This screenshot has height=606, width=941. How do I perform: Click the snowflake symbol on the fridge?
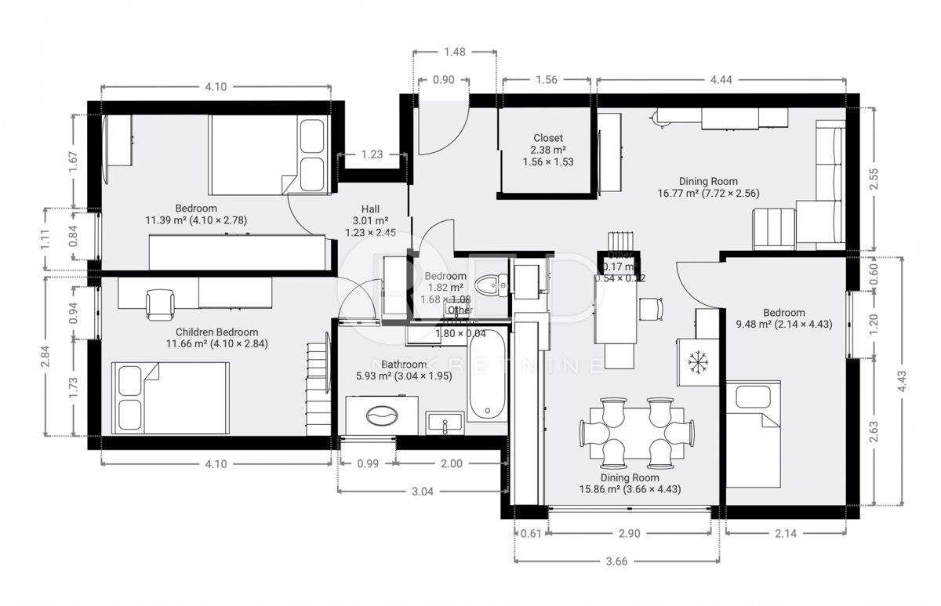(x=696, y=361)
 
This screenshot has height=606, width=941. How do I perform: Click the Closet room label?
(x=548, y=138)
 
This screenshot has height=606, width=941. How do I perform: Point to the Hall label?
(x=371, y=209)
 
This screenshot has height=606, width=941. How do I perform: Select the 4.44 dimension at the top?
(x=721, y=80)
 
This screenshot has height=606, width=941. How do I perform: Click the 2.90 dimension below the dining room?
(x=629, y=534)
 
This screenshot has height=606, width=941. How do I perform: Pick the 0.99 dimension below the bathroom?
(x=368, y=463)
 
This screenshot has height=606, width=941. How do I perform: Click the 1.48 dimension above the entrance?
(x=455, y=53)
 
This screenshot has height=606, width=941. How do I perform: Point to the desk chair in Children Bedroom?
(x=160, y=304)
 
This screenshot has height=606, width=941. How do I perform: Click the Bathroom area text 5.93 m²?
(x=374, y=376)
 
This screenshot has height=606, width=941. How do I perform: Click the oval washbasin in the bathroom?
(x=383, y=415)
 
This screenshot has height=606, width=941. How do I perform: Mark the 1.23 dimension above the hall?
(x=372, y=155)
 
